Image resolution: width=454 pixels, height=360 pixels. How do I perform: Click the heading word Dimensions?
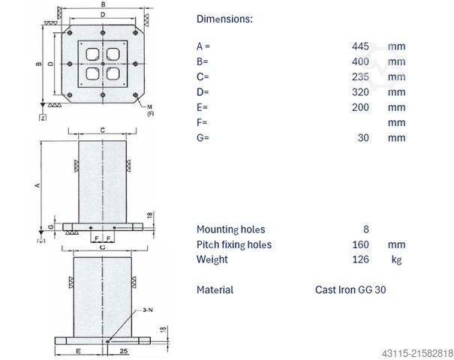(x=224, y=19)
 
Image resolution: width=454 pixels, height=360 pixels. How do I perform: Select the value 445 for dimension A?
(x=360, y=46)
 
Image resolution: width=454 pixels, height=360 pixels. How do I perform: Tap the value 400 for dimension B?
(x=360, y=61)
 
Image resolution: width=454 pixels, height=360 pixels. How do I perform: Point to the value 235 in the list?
(x=360, y=76)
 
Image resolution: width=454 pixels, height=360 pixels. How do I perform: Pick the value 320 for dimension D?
(x=360, y=91)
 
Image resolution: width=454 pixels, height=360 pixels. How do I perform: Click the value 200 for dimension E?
(x=360, y=107)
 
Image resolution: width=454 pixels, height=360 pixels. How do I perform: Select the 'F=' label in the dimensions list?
(x=202, y=122)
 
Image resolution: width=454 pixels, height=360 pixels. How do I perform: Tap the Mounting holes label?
(x=230, y=229)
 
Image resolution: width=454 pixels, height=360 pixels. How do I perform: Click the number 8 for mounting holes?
(x=365, y=229)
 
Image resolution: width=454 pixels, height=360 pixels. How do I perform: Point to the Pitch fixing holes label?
(x=233, y=244)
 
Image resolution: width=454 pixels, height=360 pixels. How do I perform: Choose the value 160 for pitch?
(x=360, y=244)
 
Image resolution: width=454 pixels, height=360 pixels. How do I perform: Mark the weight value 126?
(x=360, y=259)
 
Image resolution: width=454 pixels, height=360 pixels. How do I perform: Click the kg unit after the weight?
(x=396, y=259)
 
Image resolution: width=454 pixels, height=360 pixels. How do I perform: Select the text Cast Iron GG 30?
(x=350, y=289)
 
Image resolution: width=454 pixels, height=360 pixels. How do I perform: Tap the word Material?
(x=215, y=289)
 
